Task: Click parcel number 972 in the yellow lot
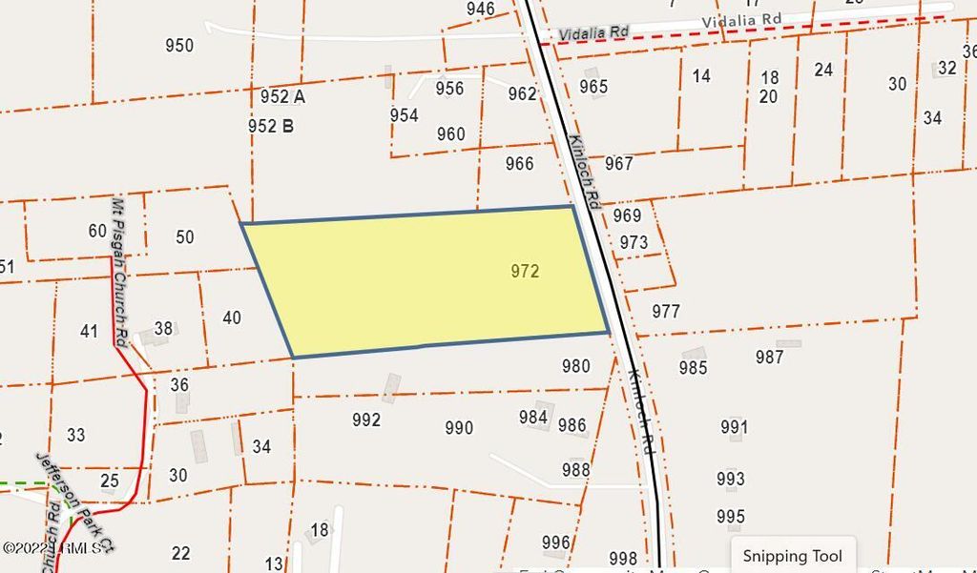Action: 525,272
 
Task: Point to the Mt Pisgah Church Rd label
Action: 119,272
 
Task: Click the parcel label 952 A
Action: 282,96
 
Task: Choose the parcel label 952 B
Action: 270,125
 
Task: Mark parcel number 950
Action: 178,45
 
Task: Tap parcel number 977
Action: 666,311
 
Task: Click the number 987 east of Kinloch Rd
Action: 769,358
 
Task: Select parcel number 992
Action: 366,420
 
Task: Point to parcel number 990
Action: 459,428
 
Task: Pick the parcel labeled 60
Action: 97,231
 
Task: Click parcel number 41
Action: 89,332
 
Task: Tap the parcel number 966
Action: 519,164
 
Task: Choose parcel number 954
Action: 404,115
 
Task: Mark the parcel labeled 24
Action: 823,70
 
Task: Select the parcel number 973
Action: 634,242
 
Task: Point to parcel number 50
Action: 185,237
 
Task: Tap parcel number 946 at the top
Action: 481,10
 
